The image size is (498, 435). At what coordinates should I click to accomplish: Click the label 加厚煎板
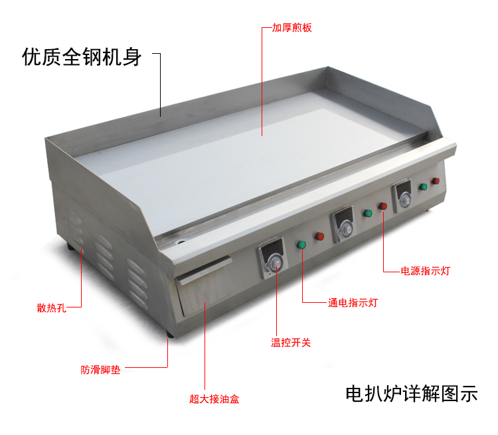pos(292,28)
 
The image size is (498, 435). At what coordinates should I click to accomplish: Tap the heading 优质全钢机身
pos(82,57)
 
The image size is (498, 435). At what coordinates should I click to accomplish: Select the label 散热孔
pos(51,308)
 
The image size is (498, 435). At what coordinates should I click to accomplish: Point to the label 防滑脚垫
pos(100,370)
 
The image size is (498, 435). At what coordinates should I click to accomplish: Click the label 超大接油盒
pos(214,399)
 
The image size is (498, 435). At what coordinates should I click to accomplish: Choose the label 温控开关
pos(291,343)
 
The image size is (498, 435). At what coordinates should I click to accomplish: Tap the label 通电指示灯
pos(353,303)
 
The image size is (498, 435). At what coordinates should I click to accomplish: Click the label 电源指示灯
pos(425,271)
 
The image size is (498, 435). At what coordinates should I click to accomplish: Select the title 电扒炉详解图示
pos(412,394)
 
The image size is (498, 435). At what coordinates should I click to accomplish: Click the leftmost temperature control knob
pos(274,262)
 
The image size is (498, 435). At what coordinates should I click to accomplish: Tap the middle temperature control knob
pos(346,228)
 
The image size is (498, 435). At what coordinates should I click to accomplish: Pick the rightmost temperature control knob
pos(405,199)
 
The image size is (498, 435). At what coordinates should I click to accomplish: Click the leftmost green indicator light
pos(301,244)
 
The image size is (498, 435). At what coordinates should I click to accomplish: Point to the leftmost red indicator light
pos(320,236)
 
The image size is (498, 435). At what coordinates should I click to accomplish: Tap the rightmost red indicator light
pos(436,181)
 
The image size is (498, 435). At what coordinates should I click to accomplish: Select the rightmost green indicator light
pos(424,187)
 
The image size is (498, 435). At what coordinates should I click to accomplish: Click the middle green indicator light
pos(368,213)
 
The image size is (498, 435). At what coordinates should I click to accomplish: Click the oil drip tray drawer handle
pos(205,270)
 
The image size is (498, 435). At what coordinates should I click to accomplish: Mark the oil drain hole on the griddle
pos(182,242)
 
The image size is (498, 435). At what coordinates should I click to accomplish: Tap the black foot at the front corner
pos(170,334)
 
